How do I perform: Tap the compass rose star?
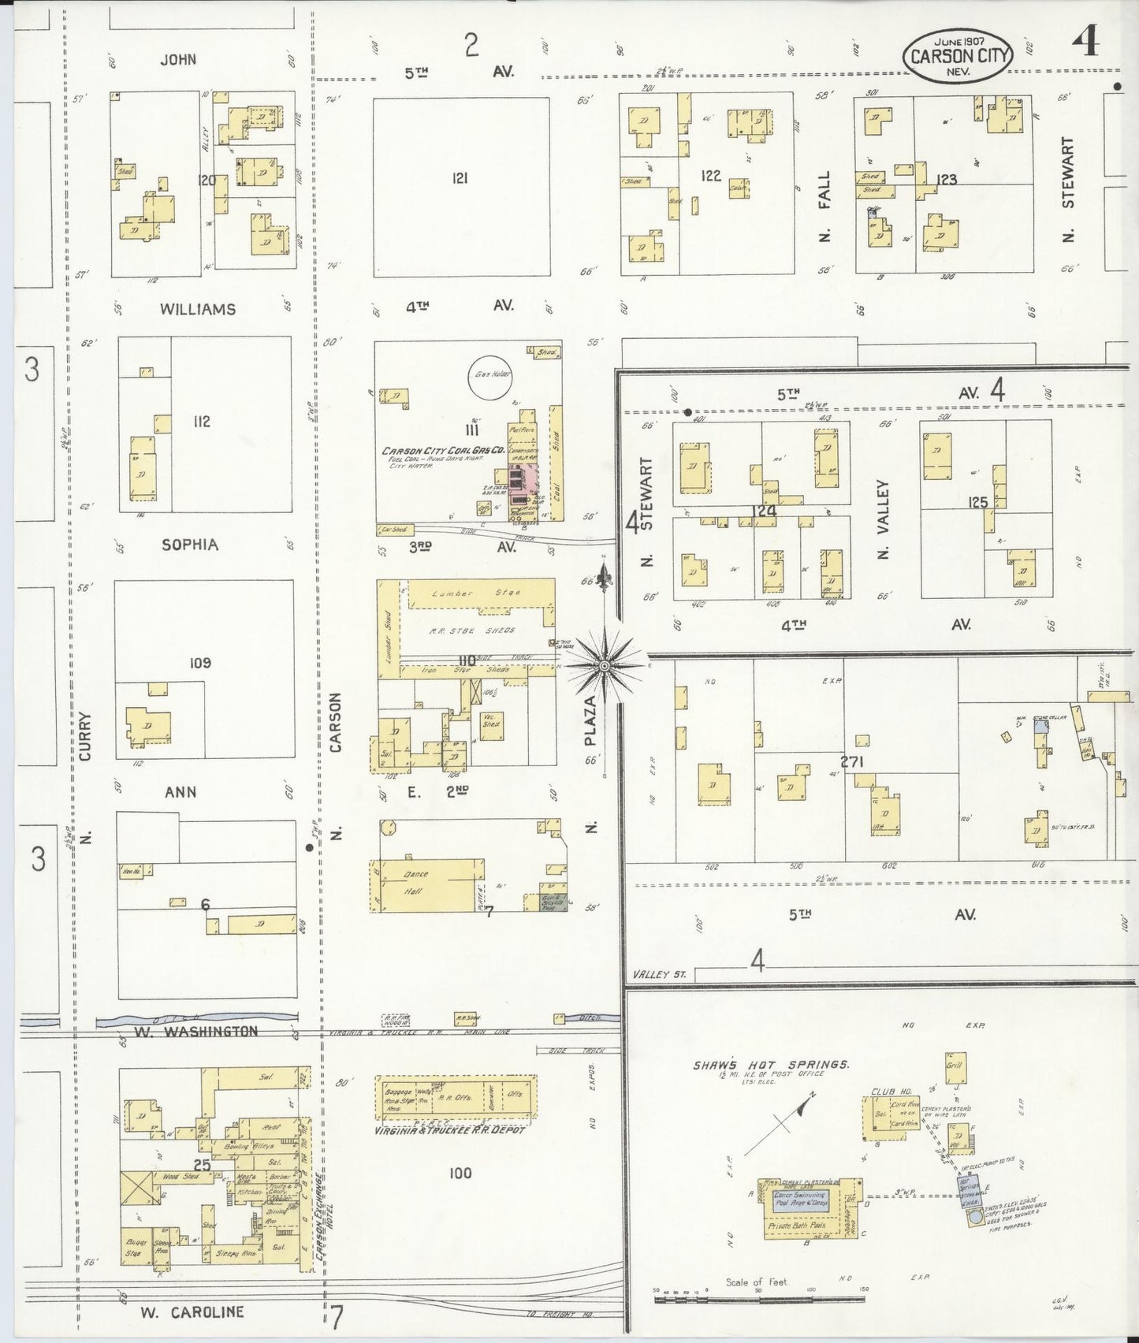coord(605,667)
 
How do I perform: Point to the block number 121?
coord(460,178)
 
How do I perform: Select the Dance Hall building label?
coord(415,883)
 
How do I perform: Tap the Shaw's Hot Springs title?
coord(770,1064)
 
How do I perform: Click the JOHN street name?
coord(178,60)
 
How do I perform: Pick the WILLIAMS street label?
coord(198,309)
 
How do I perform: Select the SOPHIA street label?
coord(189,545)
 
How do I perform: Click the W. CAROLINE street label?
coord(192,1312)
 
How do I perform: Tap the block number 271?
coord(852,761)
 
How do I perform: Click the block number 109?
coord(200,663)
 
